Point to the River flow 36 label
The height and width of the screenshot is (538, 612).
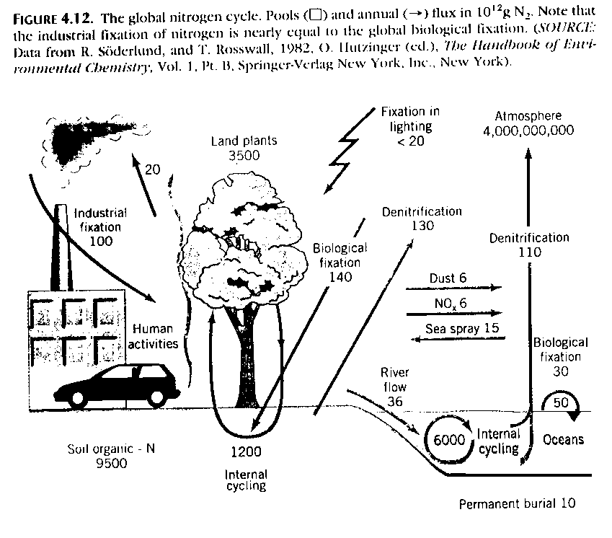point(394,387)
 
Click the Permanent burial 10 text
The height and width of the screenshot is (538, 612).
point(518,503)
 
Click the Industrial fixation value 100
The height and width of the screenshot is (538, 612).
point(101,240)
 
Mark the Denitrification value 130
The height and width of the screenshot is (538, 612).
point(422,226)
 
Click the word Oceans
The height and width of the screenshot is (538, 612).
point(563,439)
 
